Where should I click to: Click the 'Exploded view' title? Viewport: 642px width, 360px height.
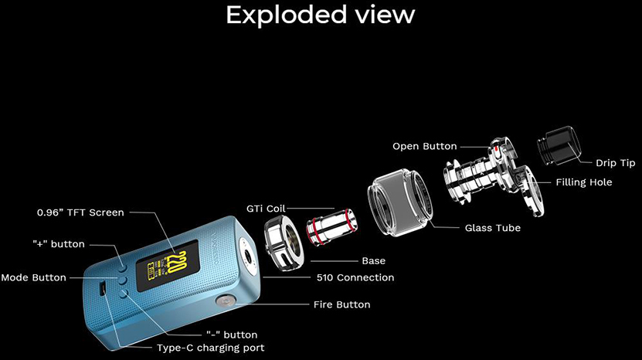321,15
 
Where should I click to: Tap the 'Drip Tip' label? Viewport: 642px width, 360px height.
615,163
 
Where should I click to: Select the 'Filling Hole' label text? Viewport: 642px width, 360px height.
583,182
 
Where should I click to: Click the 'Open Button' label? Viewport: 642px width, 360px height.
424,146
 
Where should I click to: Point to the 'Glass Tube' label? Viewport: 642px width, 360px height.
492,228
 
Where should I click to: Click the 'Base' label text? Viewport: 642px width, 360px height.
373,260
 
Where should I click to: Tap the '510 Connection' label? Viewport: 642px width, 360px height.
355,277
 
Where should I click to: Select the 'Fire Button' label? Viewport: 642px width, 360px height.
341,304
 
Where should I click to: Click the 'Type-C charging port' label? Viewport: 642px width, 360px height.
210,348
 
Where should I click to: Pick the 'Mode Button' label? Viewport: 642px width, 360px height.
33,277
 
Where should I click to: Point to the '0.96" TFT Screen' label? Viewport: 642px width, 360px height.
80,212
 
